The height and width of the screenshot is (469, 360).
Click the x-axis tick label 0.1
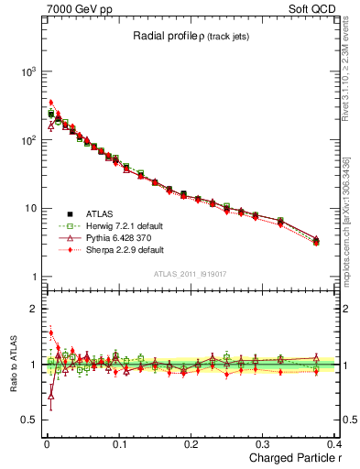(x=118, y=444)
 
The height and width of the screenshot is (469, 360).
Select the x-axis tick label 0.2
(x=191, y=444)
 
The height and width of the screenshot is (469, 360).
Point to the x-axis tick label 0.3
(x=265, y=444)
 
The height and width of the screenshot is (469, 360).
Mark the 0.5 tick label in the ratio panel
(x=28, y=420)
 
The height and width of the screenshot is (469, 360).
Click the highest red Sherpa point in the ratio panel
(x=51, y=333)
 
